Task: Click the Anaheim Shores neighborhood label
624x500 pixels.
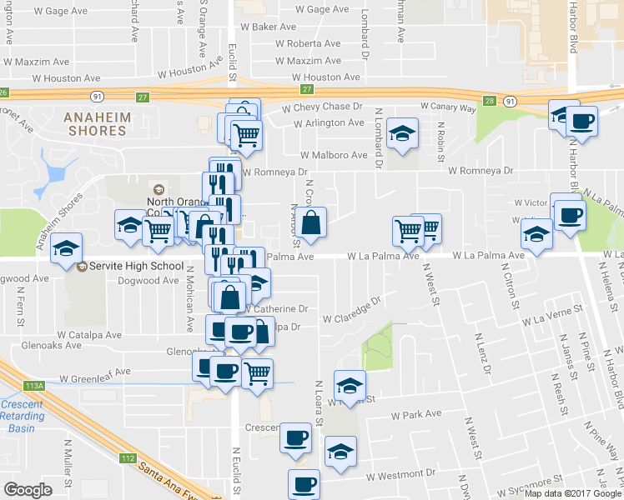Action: pyautogui.click(x=98, y=124)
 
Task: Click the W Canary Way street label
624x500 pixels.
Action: pyautogui.click(x=448, y=107)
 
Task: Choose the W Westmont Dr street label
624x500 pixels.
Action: pyautogui.click(x=400, y=476)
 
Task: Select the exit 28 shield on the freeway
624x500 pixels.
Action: pyautogui.click(x=490, y=101)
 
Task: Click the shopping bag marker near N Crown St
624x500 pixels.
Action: pyautogui.click(x=310, y=223)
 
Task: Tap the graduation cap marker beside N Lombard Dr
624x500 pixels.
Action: pyautogui.click(x=402, y=134)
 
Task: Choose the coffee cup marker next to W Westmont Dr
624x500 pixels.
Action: pyautogui.click(x=304, y=482)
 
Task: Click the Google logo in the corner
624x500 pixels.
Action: pyautogui.click(x=28, y=490)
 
